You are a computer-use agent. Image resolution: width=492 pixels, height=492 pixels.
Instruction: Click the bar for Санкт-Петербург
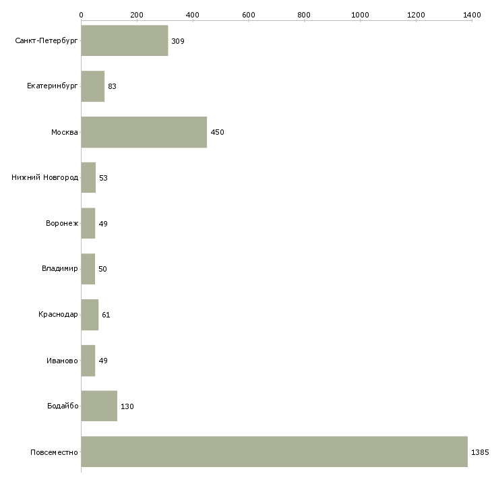(125, 41)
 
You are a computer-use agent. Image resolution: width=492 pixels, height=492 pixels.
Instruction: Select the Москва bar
(144, 132)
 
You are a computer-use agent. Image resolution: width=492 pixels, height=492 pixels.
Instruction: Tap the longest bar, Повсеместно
(274, 452)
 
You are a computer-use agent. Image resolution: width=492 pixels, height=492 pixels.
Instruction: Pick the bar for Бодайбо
(99, 406)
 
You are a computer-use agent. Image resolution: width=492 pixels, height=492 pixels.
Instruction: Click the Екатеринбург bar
(93, 86)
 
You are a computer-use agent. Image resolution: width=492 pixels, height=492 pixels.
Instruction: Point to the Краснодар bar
(90, 315)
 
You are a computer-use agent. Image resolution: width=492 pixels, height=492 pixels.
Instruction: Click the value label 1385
(480, 452)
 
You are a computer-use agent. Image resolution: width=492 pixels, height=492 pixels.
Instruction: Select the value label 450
(217, 132)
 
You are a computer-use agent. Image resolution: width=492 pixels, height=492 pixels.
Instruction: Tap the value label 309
(178, 41)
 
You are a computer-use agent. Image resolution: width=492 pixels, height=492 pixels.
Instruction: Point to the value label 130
(127, 406)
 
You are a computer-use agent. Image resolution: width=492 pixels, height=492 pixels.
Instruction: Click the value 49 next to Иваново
(103, 361)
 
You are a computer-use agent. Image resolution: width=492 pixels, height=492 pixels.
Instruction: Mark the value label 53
(103, 178)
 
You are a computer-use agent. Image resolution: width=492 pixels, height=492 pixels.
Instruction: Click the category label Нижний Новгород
(45, 178)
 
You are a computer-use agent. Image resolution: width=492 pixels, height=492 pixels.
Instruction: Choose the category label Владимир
(60, 269)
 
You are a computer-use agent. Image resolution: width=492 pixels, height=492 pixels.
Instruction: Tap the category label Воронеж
(61, 224)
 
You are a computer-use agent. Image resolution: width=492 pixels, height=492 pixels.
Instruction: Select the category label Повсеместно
(55, 452)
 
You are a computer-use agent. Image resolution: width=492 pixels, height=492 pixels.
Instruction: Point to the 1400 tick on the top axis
(472, 14)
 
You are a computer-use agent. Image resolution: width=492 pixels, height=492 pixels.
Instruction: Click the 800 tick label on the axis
(305, 14)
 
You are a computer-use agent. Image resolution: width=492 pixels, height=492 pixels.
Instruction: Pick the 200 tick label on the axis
(137, 14)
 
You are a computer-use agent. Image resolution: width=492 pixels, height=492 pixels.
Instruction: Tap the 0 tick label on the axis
(81, 14)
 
